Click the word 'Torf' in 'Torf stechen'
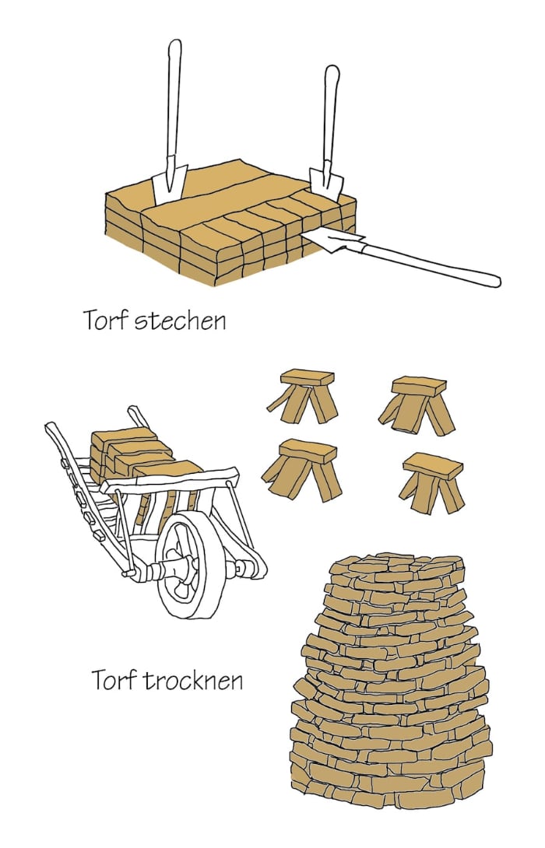click(106, 320)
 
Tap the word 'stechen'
click(181, 320)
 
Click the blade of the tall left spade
click(168, 181)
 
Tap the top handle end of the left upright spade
click(174, 47)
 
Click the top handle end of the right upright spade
click(332, 74)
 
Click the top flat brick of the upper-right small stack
click(420, 386)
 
